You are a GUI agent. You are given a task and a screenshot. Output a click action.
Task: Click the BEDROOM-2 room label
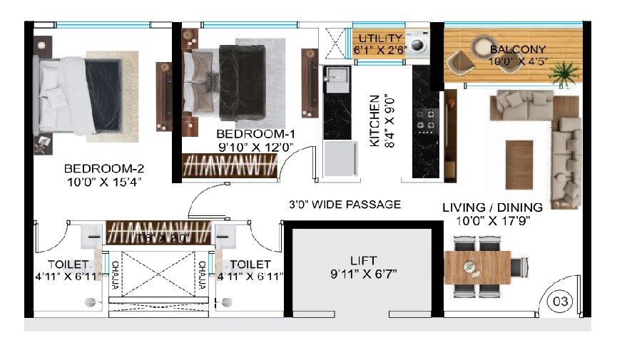[x=104, y=169]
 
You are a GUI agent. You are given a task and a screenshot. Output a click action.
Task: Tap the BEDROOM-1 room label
[x=255, y=134]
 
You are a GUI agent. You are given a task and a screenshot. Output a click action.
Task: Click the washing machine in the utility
[x=417, y=45]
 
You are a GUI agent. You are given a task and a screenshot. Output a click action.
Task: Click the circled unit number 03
[x=561, y=302]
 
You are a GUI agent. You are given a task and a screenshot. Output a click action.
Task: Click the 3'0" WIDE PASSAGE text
[x=345, y=205]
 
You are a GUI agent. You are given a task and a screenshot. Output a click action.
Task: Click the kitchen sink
[x=335, y=78]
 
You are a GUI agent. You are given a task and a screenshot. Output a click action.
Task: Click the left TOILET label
[x=68, y=264]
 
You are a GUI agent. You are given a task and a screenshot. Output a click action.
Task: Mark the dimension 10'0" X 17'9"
[x=492, y=220]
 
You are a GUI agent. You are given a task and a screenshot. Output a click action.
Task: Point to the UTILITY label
[x=381, y=38]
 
